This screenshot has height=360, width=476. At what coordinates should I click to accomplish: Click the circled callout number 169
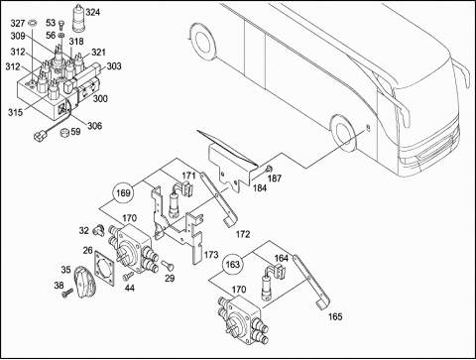pos(123,192)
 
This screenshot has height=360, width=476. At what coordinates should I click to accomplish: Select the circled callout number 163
pos(232,265)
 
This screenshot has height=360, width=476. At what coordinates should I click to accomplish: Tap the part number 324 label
pos(92,12)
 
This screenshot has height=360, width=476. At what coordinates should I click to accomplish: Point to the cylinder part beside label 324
pos(78,18)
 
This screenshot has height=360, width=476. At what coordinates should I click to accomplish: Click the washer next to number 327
pos(33,23)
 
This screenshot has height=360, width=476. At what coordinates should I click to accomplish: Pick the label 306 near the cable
pos(94,126)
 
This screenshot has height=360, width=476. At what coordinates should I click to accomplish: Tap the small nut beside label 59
pos(64,132)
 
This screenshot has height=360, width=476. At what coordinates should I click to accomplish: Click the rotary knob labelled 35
pos(84,282)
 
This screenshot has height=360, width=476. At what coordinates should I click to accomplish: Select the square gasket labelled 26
pos(104,267)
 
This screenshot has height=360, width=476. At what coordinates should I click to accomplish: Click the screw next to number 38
pos(67,293)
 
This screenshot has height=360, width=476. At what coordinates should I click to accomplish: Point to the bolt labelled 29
pos(168,265)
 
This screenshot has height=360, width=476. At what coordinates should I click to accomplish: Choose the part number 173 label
pos(211,255)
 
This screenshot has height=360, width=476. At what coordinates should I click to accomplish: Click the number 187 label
pos(275,179)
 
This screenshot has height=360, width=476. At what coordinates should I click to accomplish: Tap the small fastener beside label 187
pos(269,169)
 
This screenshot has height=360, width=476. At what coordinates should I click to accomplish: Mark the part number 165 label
pos(335,316)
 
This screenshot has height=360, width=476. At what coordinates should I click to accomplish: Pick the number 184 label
pos(260,187)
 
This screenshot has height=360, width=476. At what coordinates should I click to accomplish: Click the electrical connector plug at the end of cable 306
pos(39,135)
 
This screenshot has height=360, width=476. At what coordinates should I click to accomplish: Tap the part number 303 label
pos(114,66)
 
